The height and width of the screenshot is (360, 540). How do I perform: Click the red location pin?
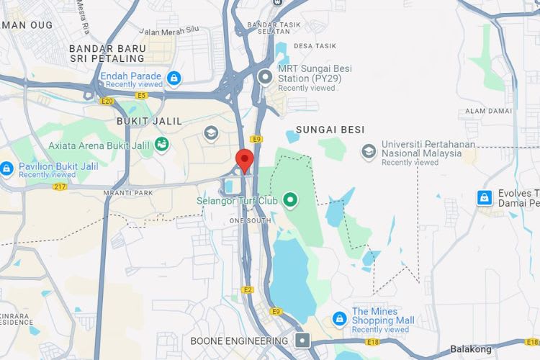[x=245, y=160]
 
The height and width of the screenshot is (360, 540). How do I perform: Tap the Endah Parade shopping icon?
[x=173, y=77]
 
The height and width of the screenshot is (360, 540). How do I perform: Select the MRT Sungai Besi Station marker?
[x=266, y=75]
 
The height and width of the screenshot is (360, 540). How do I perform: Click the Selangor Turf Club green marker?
[x=290, y=199]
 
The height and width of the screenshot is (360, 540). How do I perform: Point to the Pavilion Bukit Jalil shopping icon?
[x=6, y=169]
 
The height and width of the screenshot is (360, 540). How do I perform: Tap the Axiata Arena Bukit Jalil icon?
[x=163, y=144]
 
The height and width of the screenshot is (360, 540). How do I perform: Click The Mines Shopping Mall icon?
[x=338, y=318]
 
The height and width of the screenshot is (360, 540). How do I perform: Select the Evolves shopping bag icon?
[x=485, y=197]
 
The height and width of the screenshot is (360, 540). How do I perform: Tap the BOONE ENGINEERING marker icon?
[x=304, y=340]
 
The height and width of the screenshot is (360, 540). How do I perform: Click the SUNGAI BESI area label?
[x=325, y=130]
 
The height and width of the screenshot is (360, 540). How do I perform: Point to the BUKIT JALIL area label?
[x=148, y=121]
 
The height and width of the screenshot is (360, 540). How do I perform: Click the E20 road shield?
[x=107, y=102]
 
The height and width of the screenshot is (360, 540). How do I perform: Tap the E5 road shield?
[x=141, y=94]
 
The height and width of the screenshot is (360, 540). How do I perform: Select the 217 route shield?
[x=59, y=187]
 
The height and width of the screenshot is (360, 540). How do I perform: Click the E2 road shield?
[x=248, y=289]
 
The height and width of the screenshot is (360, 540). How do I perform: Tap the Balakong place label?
[x=471, y=349]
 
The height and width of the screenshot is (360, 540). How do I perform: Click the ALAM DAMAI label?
[x=488, y=111]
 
